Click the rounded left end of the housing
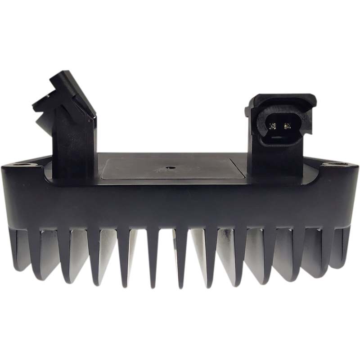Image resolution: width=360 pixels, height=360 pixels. (13, 198)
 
